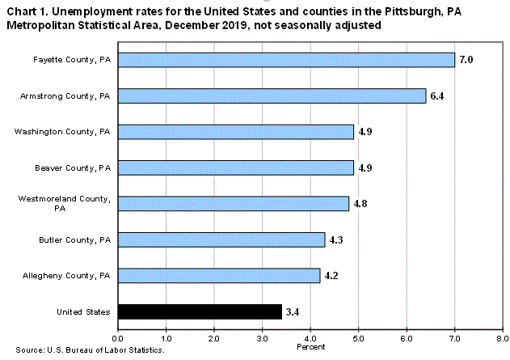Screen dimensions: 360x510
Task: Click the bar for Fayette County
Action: tap(286, 60)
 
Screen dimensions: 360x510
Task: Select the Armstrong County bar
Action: tap(272, 95)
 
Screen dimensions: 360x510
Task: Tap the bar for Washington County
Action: tap(236, 131)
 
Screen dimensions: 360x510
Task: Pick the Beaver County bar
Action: tap(236, 167)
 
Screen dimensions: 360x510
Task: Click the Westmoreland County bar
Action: tap(234, 203)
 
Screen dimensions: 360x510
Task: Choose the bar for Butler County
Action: tap(221, 239)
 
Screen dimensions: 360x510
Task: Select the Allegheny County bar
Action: tap(219, 275)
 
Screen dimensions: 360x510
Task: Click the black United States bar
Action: tap(200, 311)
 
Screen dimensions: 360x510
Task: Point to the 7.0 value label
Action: tap(466, 60)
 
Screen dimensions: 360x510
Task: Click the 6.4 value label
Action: tap(437, 95)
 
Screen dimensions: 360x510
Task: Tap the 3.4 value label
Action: tap(293, 311)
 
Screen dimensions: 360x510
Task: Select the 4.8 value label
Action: tap(360, 203)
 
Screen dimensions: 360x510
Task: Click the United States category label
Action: tap(82, 311)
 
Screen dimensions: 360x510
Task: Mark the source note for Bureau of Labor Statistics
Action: tap(85, 350)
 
